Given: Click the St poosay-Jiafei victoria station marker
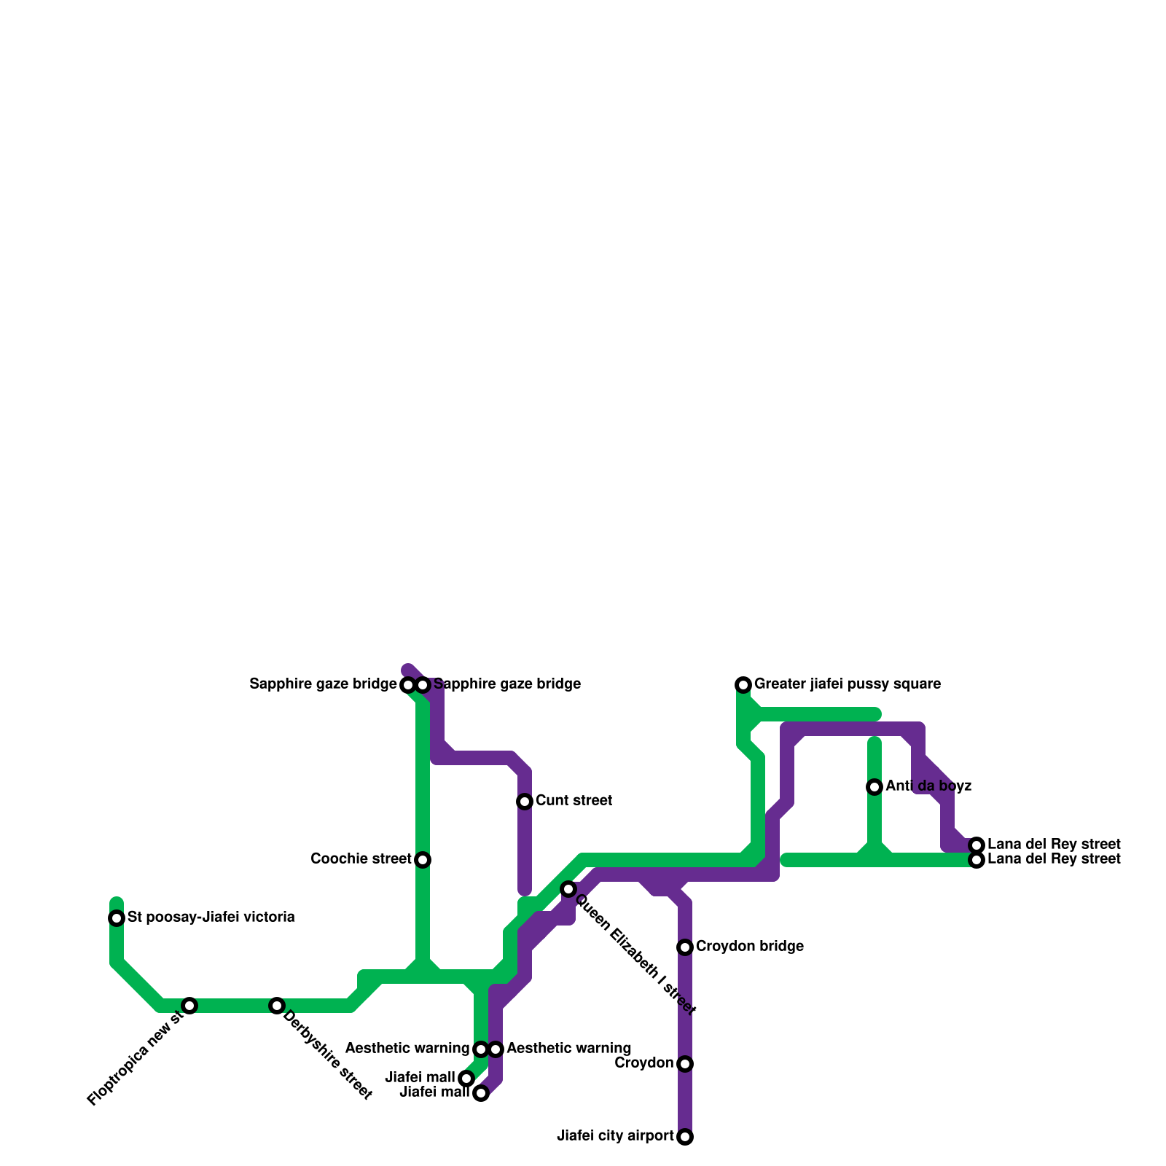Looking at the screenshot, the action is tap(117, 918).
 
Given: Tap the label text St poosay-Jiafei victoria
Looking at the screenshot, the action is tap(211, 917).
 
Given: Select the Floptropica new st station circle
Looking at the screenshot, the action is tap(189, 1006).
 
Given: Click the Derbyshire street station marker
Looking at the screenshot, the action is tap(277, 1006).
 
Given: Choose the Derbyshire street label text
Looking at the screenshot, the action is tap(327, 1055).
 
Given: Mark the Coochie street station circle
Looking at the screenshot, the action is tap(423, 860).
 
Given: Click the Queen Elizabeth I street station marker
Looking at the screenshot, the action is tap(568, 889).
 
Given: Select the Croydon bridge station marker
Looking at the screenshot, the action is tap(685, 947).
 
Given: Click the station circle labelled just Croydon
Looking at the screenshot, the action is tap(685, 1064).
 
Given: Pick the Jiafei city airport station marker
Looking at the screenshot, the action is tap(685, 1137).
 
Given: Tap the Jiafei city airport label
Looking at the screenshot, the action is tap(615, 1136).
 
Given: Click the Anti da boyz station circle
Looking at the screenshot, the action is tap(874, 787).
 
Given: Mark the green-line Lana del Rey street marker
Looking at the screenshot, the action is tap(977, 860).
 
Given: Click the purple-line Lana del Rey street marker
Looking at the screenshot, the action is tap(977, 845).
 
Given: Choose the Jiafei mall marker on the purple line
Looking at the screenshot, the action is tap(481, 1093).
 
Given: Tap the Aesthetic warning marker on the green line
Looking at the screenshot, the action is tap(481, 1049).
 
